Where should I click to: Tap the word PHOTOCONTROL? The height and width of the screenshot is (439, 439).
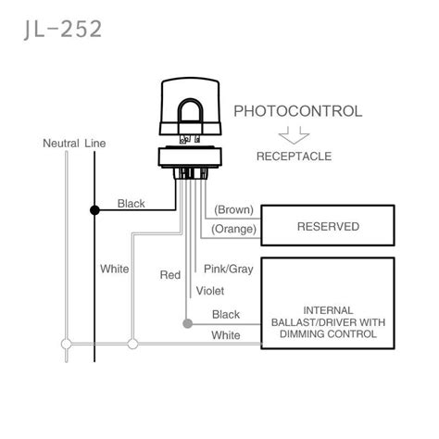click(x=297, y=111)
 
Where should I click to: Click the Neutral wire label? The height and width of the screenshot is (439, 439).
click(x=60, y=144)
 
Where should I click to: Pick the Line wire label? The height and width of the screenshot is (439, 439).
click(x=95, y=144)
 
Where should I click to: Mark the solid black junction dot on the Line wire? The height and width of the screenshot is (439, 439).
click(x=94, y=210)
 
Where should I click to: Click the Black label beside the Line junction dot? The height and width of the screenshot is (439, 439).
click(x=131, y=203)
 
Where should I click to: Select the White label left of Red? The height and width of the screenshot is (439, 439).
click(x=115, y=269)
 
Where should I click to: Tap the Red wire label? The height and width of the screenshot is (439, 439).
click(x=169, y=275)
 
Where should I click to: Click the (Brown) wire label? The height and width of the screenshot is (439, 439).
click(x=233, y=210)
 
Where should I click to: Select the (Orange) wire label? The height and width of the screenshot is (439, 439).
click(x=233, y=229)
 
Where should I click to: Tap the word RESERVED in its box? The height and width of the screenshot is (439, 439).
click(x=328, y=226)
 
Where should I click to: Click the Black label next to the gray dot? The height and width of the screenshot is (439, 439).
click(x=226, y=315)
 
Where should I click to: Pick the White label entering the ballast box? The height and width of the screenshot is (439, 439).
click(x=226, y=334)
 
